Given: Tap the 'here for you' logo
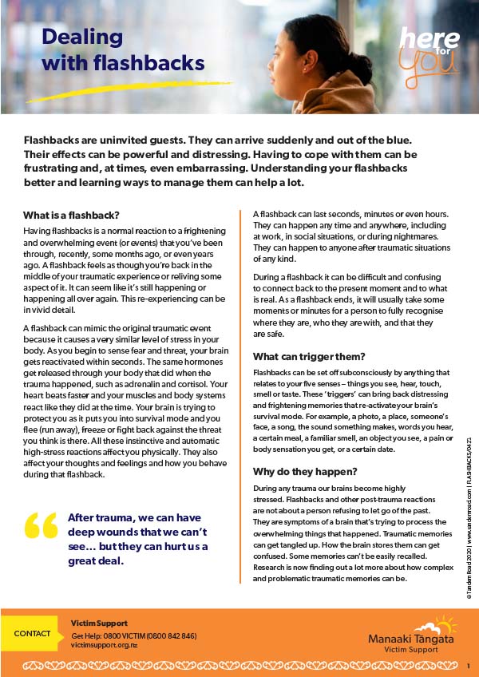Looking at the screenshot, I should point(430,48).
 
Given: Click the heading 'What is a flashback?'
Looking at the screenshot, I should point(71,215).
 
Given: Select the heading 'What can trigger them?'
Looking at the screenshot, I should point(309,356).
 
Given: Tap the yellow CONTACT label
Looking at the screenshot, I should point(32,633).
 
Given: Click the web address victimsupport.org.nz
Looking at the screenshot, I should point(104,643).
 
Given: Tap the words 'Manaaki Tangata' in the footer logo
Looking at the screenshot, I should point(410,639).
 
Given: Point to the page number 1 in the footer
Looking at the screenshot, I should point(467,664).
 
